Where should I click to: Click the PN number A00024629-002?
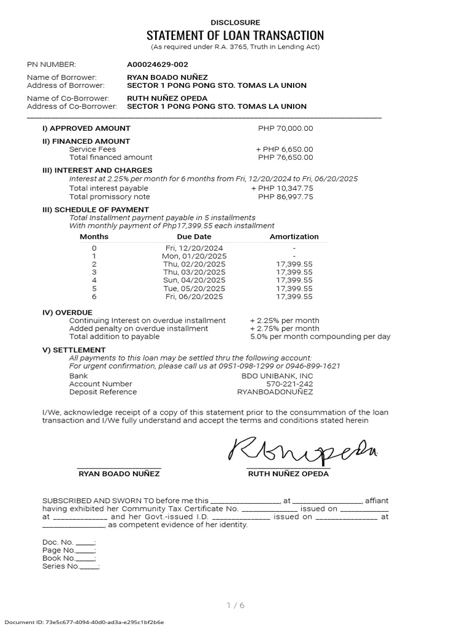click(x=157, y=64)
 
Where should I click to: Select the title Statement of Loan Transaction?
click(x=235, y=35)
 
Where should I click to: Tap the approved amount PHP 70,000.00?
click(x=285, y=128)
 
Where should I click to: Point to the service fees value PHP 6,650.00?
click(x=284, y=149)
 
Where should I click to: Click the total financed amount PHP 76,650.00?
click(x=285, y=157)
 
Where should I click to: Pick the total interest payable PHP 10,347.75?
click(x=282, y=188)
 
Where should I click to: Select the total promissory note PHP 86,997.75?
click(x=285, y=197)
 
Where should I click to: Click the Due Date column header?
click(x=194, y=236)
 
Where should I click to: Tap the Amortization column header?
click(x=294, y=236)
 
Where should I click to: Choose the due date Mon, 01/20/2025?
click(x=194, y=256)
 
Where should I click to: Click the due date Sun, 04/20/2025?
click(x=194, y=280)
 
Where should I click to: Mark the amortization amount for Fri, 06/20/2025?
click(x=294, y=296)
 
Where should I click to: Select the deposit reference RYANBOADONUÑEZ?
click(x=275, y=392)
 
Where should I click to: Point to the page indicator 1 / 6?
click(x=235, y=606)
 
